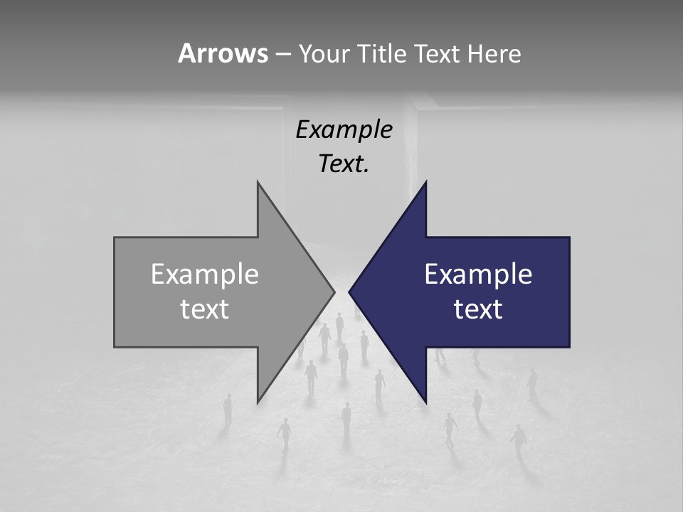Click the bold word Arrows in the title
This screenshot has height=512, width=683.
[223, 53]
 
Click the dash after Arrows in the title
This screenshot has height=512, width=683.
[282, 55]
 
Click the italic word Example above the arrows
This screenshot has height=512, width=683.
[344, 130]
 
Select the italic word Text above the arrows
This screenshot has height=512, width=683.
[341, 164]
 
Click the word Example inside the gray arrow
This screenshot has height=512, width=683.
[205, 274]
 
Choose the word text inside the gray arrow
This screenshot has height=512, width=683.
[205, 309]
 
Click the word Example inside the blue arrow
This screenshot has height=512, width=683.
[478, 274]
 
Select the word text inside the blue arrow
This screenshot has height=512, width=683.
[478, 309]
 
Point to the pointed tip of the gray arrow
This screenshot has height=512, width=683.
[334, 292]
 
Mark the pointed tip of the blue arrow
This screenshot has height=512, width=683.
[349, 292]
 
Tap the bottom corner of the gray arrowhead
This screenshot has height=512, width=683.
[258, 402]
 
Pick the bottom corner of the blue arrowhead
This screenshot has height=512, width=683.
[425, 402]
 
